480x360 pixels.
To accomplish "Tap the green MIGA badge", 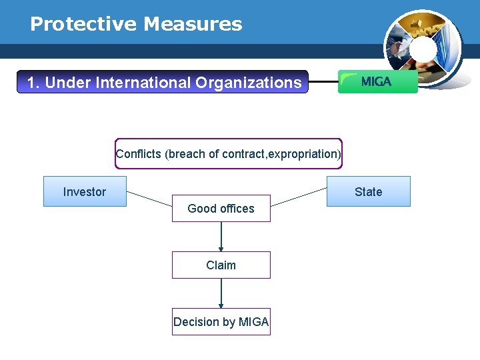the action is [377, 82].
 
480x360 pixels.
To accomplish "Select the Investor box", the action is [85, 191].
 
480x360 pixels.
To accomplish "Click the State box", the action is [368, 191].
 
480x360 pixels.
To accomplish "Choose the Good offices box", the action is [221, 208].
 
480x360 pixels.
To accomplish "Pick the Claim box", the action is [221, 265].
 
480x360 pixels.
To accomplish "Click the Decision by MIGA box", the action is [221, 321].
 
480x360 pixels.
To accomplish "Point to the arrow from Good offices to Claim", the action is [221, 237].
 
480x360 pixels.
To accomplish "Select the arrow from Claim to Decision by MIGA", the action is [221, 293].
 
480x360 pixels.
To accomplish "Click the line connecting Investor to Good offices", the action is [149, 198].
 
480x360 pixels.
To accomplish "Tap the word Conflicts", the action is [139, 154].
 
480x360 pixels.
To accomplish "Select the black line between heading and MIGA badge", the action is [323, 83].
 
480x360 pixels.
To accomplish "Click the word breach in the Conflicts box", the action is [187, 154].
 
